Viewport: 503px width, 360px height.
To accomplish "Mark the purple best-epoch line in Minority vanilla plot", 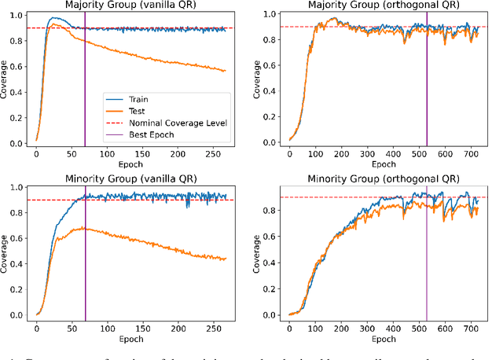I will (85, 252).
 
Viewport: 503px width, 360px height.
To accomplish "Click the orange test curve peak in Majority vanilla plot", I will (53, 24).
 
